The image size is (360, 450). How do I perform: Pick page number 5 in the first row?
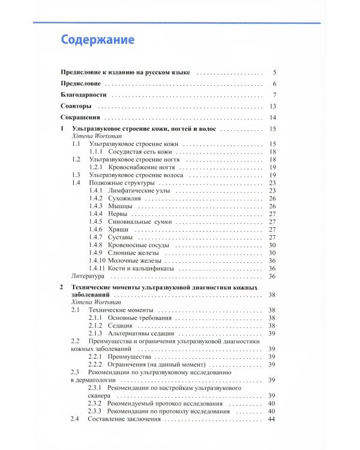click(x=274, y=72)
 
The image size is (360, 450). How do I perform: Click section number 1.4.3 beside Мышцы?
click(x=96, y=206)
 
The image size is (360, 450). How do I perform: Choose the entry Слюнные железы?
click(x=136, y=253)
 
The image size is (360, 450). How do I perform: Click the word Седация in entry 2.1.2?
click(x=122, y=325)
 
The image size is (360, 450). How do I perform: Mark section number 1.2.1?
click(x=96, y=167)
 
